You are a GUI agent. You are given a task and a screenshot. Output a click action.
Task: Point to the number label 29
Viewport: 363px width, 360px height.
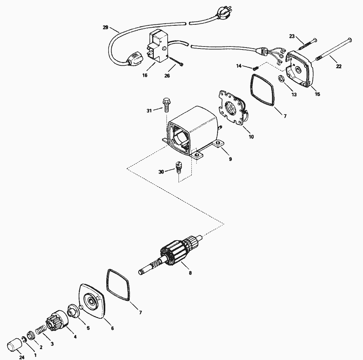pyautogui.click(x=106, y=28)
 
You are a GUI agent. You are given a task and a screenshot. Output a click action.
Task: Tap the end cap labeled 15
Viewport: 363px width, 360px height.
pyautogui.click(x=300, y=69)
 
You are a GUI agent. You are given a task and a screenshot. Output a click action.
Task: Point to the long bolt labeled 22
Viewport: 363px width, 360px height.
pyautogui.click(x=333, y=53)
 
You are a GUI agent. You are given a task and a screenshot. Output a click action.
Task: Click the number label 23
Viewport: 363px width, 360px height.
pyautogui.click(x=292, y=37)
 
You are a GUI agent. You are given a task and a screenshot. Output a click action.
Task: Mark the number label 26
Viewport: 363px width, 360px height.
pyautogui.click(x=167, y=76)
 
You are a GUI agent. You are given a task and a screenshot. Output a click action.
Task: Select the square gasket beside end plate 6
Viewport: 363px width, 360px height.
pyautogui.click(x=118, y=285)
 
